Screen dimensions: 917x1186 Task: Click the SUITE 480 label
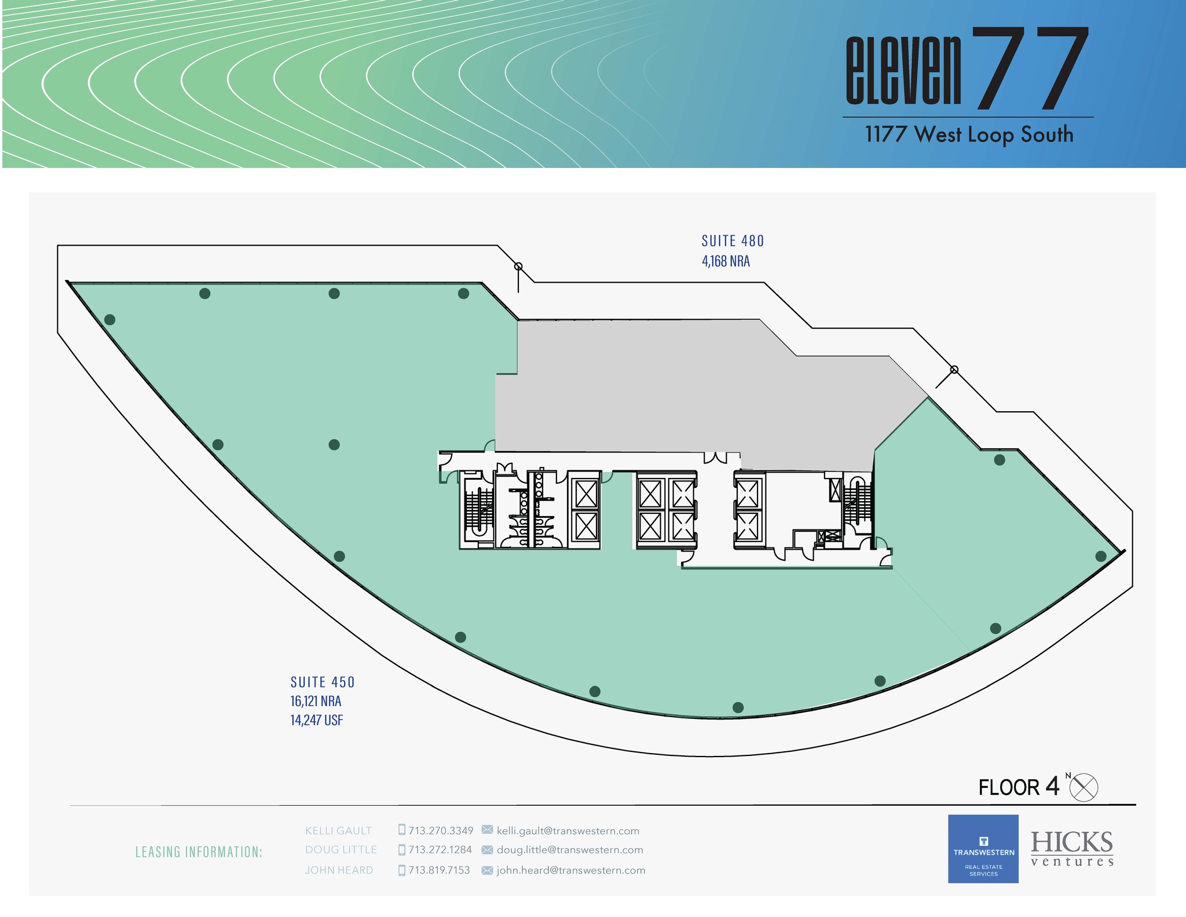pos(733,240)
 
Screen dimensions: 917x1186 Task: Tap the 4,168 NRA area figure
pos(726,261)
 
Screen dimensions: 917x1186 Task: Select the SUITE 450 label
pos(323,682)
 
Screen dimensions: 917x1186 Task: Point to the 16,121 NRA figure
pos(316,702)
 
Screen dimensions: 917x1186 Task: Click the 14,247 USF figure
pos(317,721)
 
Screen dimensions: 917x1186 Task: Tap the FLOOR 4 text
pos(1019,787)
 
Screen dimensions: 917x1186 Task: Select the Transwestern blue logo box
pos(983,849)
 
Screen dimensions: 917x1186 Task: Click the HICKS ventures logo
pos(1072,849)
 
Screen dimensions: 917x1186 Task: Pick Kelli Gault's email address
pos(568,831)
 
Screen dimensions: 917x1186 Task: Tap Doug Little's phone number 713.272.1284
pos(440,850)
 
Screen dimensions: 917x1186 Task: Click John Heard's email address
pos(570,870)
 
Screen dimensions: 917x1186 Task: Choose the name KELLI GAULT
pos(338,831)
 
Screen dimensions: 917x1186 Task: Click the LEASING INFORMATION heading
pos(199,852)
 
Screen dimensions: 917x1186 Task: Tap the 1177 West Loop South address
pos(969,135)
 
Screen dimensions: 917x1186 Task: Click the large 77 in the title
pos(1028,68)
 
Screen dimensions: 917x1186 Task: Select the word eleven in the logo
pos(903,72)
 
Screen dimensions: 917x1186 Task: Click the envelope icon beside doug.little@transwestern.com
pos(487,850)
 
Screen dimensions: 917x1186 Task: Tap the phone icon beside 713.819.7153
pos(402,870)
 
